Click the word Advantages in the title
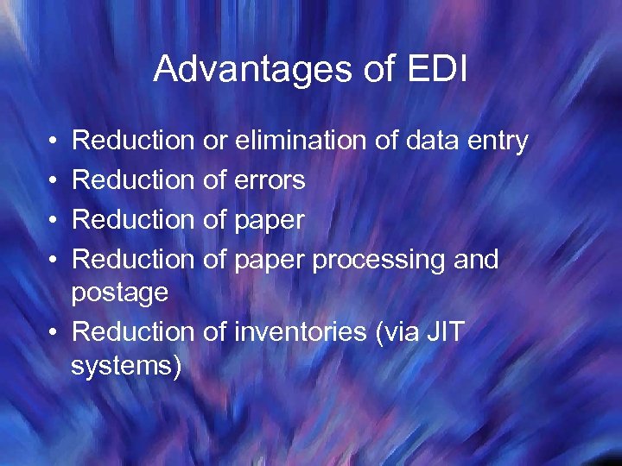pyautogui.click(x=241, y=70)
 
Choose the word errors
pyautogui.click(x=270, y=179)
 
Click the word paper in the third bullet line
pyautogui.click(x=270, y=221)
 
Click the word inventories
pyautogui.click(x=300, y=331)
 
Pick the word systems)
pyautogui.click(x=126, y=366)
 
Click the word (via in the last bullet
pyautogui.click(x=396, y=331)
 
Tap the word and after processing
pyautogui.click(x=474, y=259)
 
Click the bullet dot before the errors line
pyautogui.click(x=54, y=179)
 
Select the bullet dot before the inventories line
pyautogui.click(x=54, y=331)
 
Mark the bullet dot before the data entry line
pyautogui.click(x=54, y=140)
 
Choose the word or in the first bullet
pyautogui.click(x=214, y=140)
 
